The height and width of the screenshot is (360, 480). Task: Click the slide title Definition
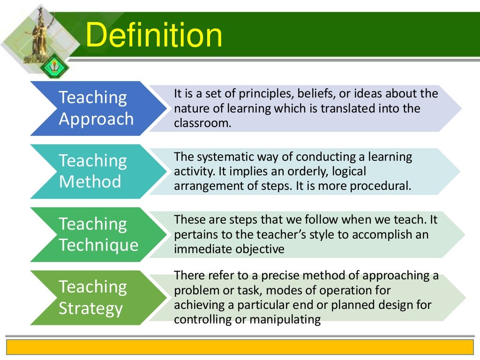(x=154, y=36)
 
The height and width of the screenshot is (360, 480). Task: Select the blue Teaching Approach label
(x=96, y=108)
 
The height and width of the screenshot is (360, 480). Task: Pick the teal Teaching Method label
(x=93, y=171)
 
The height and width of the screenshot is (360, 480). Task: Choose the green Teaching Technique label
(x=98, y=234)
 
